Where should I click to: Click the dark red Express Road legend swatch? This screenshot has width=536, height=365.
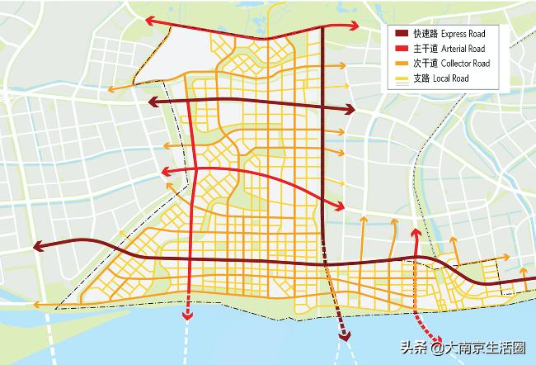pyautogui.click(x=401, y=34)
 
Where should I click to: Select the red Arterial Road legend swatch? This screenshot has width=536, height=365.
pyautogui.click(x=401, y=49)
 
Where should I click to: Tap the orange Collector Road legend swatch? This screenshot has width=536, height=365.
pyautogui.click(x=401, y=64)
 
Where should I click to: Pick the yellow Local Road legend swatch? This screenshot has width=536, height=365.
pyautogui.click(x=401, y=78)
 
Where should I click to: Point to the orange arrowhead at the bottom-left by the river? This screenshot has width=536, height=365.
pyautogui.click(x=36, y=305)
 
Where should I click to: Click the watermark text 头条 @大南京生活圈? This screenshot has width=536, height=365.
pyautogui.click(x=463, y=348)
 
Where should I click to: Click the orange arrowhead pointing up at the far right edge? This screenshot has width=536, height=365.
pyautogui.click(x=523, y=269)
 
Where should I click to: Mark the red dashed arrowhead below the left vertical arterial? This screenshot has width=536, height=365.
pyautogui.click(x=189, y=314)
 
